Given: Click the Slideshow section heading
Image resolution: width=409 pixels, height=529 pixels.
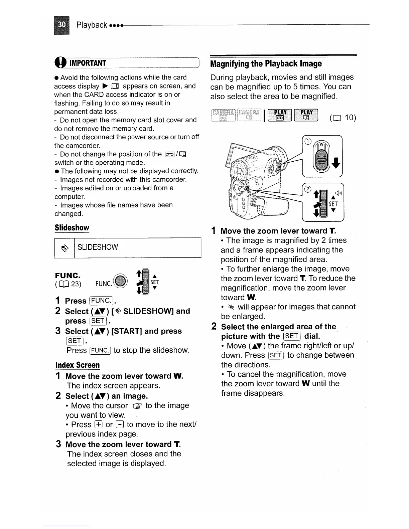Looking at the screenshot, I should click(72, 228).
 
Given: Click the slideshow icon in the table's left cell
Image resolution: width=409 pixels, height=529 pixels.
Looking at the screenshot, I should click(65, 248).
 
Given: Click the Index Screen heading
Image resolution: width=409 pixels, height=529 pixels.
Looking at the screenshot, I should click(77, 365).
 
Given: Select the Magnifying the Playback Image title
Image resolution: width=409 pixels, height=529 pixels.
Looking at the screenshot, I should click(266, 63).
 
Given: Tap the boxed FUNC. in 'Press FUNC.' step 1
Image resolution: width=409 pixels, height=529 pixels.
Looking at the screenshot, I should click(102, 301).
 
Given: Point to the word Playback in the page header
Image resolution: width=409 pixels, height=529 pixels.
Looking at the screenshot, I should click(92, 25).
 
